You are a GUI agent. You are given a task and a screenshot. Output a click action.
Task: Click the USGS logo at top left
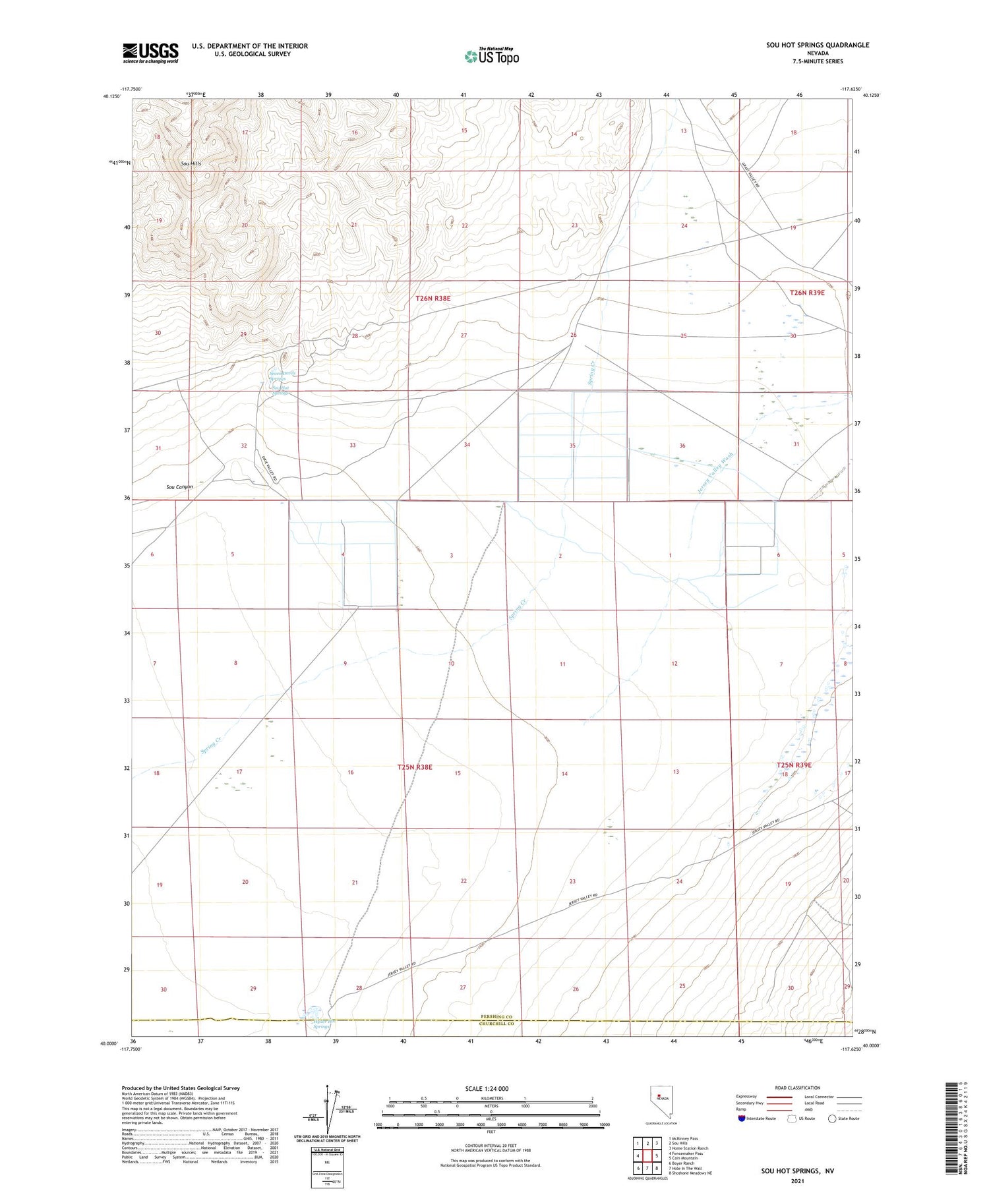[x=150, y=53]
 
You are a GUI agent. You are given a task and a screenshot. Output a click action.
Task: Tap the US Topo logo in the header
[x=492, y=57]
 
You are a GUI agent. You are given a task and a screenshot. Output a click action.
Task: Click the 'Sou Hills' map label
[x=191, y=163]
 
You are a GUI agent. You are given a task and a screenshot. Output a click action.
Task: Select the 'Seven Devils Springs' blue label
[x=283, y=376]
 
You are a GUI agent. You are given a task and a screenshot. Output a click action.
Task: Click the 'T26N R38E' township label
[x=433, y=299]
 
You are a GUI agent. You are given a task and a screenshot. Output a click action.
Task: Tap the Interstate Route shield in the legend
[x=742, y=1118]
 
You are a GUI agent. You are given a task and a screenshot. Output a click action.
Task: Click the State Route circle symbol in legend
[x=832, y=1118]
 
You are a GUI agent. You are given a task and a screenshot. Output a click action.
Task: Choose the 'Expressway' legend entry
[x=750, y=1097]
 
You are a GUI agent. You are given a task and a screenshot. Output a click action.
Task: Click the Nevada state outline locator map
[x=661, y=1102]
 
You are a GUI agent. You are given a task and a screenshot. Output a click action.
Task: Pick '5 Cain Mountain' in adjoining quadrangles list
[x=683, y=1158]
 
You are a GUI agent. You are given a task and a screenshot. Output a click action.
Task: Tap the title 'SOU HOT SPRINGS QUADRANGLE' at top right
[x=818, y=45]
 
